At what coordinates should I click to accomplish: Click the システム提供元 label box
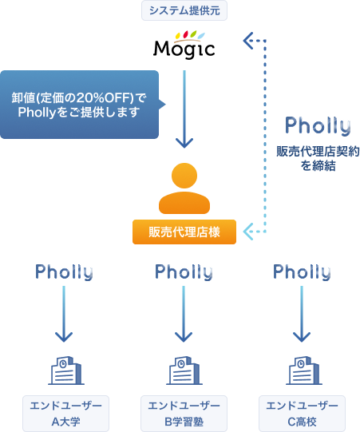pyautogui.click(x=184, y=10)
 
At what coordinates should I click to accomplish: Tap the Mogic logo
pyautogui.click(x=184, y=45)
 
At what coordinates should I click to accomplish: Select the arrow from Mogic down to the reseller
pyautogui.click(x=184, y=109)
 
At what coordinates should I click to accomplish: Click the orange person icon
pyautogui.click(x=184, y=188)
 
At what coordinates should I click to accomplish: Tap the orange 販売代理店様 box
pyautogui.click(x=184, y=232)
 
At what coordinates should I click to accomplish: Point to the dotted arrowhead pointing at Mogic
pyautogui.click(x=248, y=41)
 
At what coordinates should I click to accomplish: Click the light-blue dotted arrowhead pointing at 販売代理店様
pyautogui.click(x=248, y=232)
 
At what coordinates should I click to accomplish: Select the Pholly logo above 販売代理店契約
pyautogui.click(x=318, y=126)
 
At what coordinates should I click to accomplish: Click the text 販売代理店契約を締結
pyautogui.click(x=318, y=158)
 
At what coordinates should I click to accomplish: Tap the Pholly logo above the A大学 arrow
pyautogui.click(x=64, y=272)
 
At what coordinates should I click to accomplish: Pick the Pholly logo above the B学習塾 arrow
pyautogui.click(x=184, y=272)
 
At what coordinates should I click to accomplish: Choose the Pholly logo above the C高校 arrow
pyautogui.click(x=302, y=272)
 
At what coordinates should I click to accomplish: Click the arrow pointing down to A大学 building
pyautogui.click(x=64, y=314)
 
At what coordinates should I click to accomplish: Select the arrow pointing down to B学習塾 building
pyautogui.click(x=184, y=314)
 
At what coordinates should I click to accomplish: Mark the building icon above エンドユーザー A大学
pyautogui.click(x=66, y=371)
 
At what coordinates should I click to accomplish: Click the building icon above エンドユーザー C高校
pyautogui.click(x=304, y=371)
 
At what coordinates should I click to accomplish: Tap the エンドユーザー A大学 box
pyautogui.click(x=65, y=414)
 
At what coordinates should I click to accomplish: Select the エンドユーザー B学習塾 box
pyautogui.click(x=184, y=414)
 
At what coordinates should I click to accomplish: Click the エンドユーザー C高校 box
pyautogui.click(x=302, y=414)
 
